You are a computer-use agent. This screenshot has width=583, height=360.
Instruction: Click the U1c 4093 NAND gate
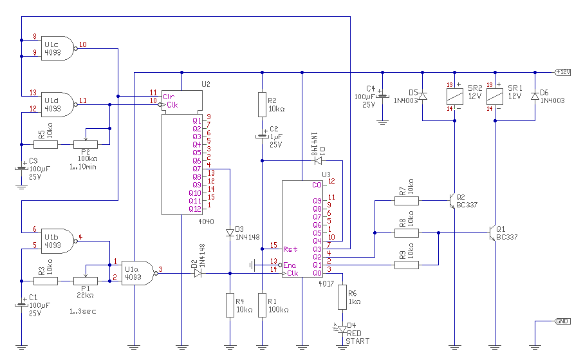click(x=58, y=48)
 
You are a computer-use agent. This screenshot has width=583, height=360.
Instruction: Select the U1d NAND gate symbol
click(x=58, y=104)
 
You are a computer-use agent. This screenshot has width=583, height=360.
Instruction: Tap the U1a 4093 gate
click(x=139, y=273)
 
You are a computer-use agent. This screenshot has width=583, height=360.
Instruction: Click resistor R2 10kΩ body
click(x=262, y=104)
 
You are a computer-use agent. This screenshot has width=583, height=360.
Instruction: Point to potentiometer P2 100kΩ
click(x=86, y=144)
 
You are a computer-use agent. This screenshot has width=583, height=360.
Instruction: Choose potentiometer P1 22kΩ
click(x=86, y=281)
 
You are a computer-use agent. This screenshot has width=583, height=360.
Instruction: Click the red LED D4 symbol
click(x=342, y=329)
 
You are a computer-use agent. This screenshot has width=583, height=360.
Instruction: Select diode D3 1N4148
click(x=230, y=233)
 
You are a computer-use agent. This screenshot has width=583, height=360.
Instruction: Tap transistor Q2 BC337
click(x=452, y=201)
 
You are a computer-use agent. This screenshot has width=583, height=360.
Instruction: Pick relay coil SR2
click(x=454, y=97)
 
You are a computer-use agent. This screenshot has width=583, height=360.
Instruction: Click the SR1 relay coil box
click(x=494, y=97)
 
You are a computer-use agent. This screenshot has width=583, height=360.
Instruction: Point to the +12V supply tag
click(x=562, y=72)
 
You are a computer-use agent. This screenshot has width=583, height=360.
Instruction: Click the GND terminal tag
click(x=562, y=321)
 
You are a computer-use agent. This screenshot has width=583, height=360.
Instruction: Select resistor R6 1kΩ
click(x=342, y=297)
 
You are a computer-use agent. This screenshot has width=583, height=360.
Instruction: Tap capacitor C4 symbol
click(x=382, y=97)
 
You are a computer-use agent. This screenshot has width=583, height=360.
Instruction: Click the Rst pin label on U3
click(x=290, y=249)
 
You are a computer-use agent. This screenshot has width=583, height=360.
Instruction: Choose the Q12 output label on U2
click(x=195, y=209)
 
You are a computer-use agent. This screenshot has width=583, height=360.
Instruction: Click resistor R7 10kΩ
click(x=407, y=201)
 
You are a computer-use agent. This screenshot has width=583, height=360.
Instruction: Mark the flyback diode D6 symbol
click(x=535, y=97)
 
